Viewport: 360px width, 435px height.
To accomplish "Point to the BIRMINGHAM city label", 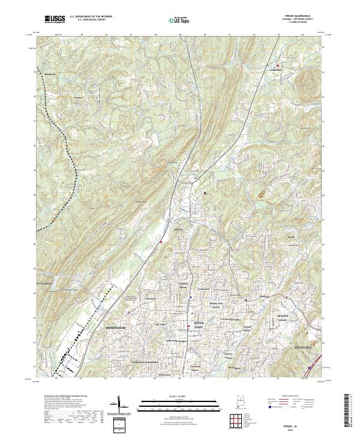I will [116, 328].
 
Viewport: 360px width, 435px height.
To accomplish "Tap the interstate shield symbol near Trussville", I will [309, 364].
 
